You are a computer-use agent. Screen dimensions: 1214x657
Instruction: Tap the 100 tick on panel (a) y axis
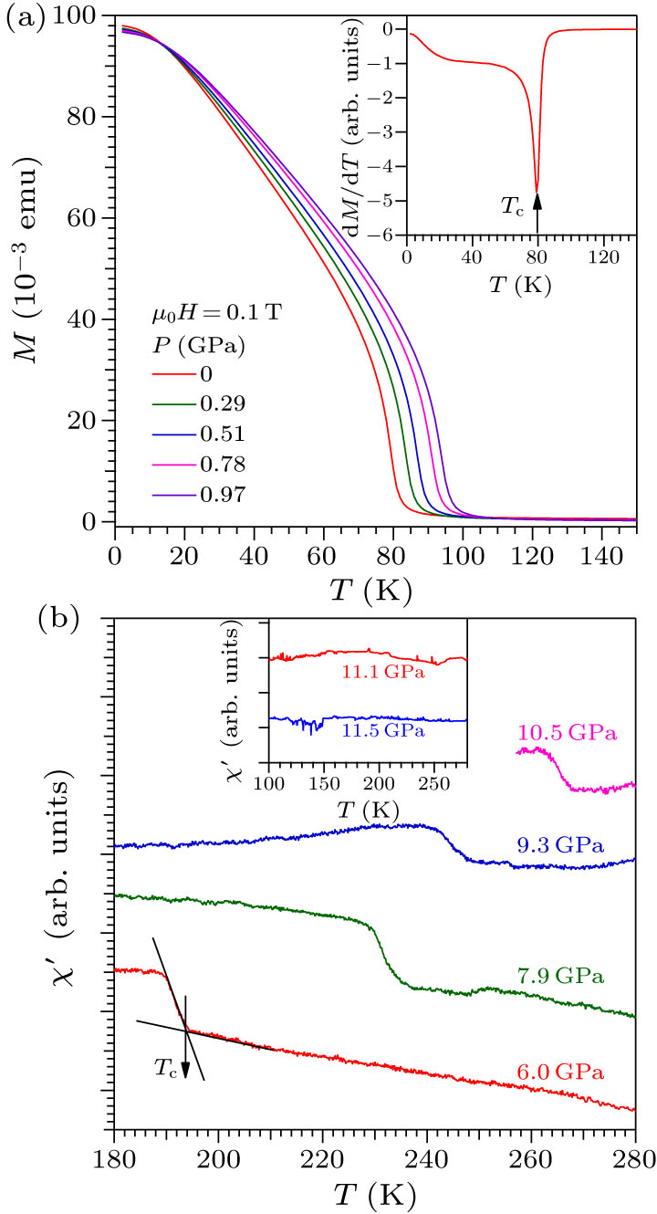[88, 16]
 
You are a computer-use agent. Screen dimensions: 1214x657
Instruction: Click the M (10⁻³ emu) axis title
[39, 269]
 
